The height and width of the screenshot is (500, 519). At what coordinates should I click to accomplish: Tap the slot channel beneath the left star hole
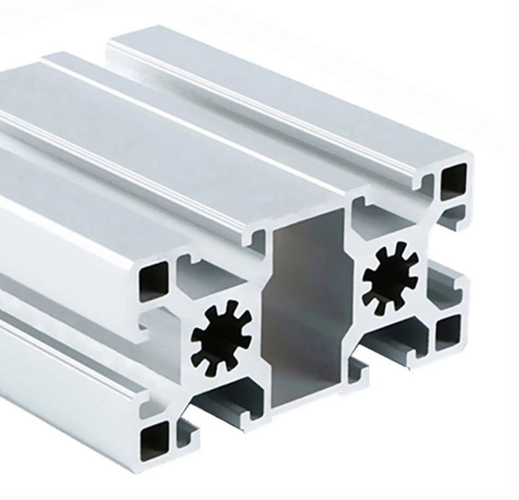(225, 405)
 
